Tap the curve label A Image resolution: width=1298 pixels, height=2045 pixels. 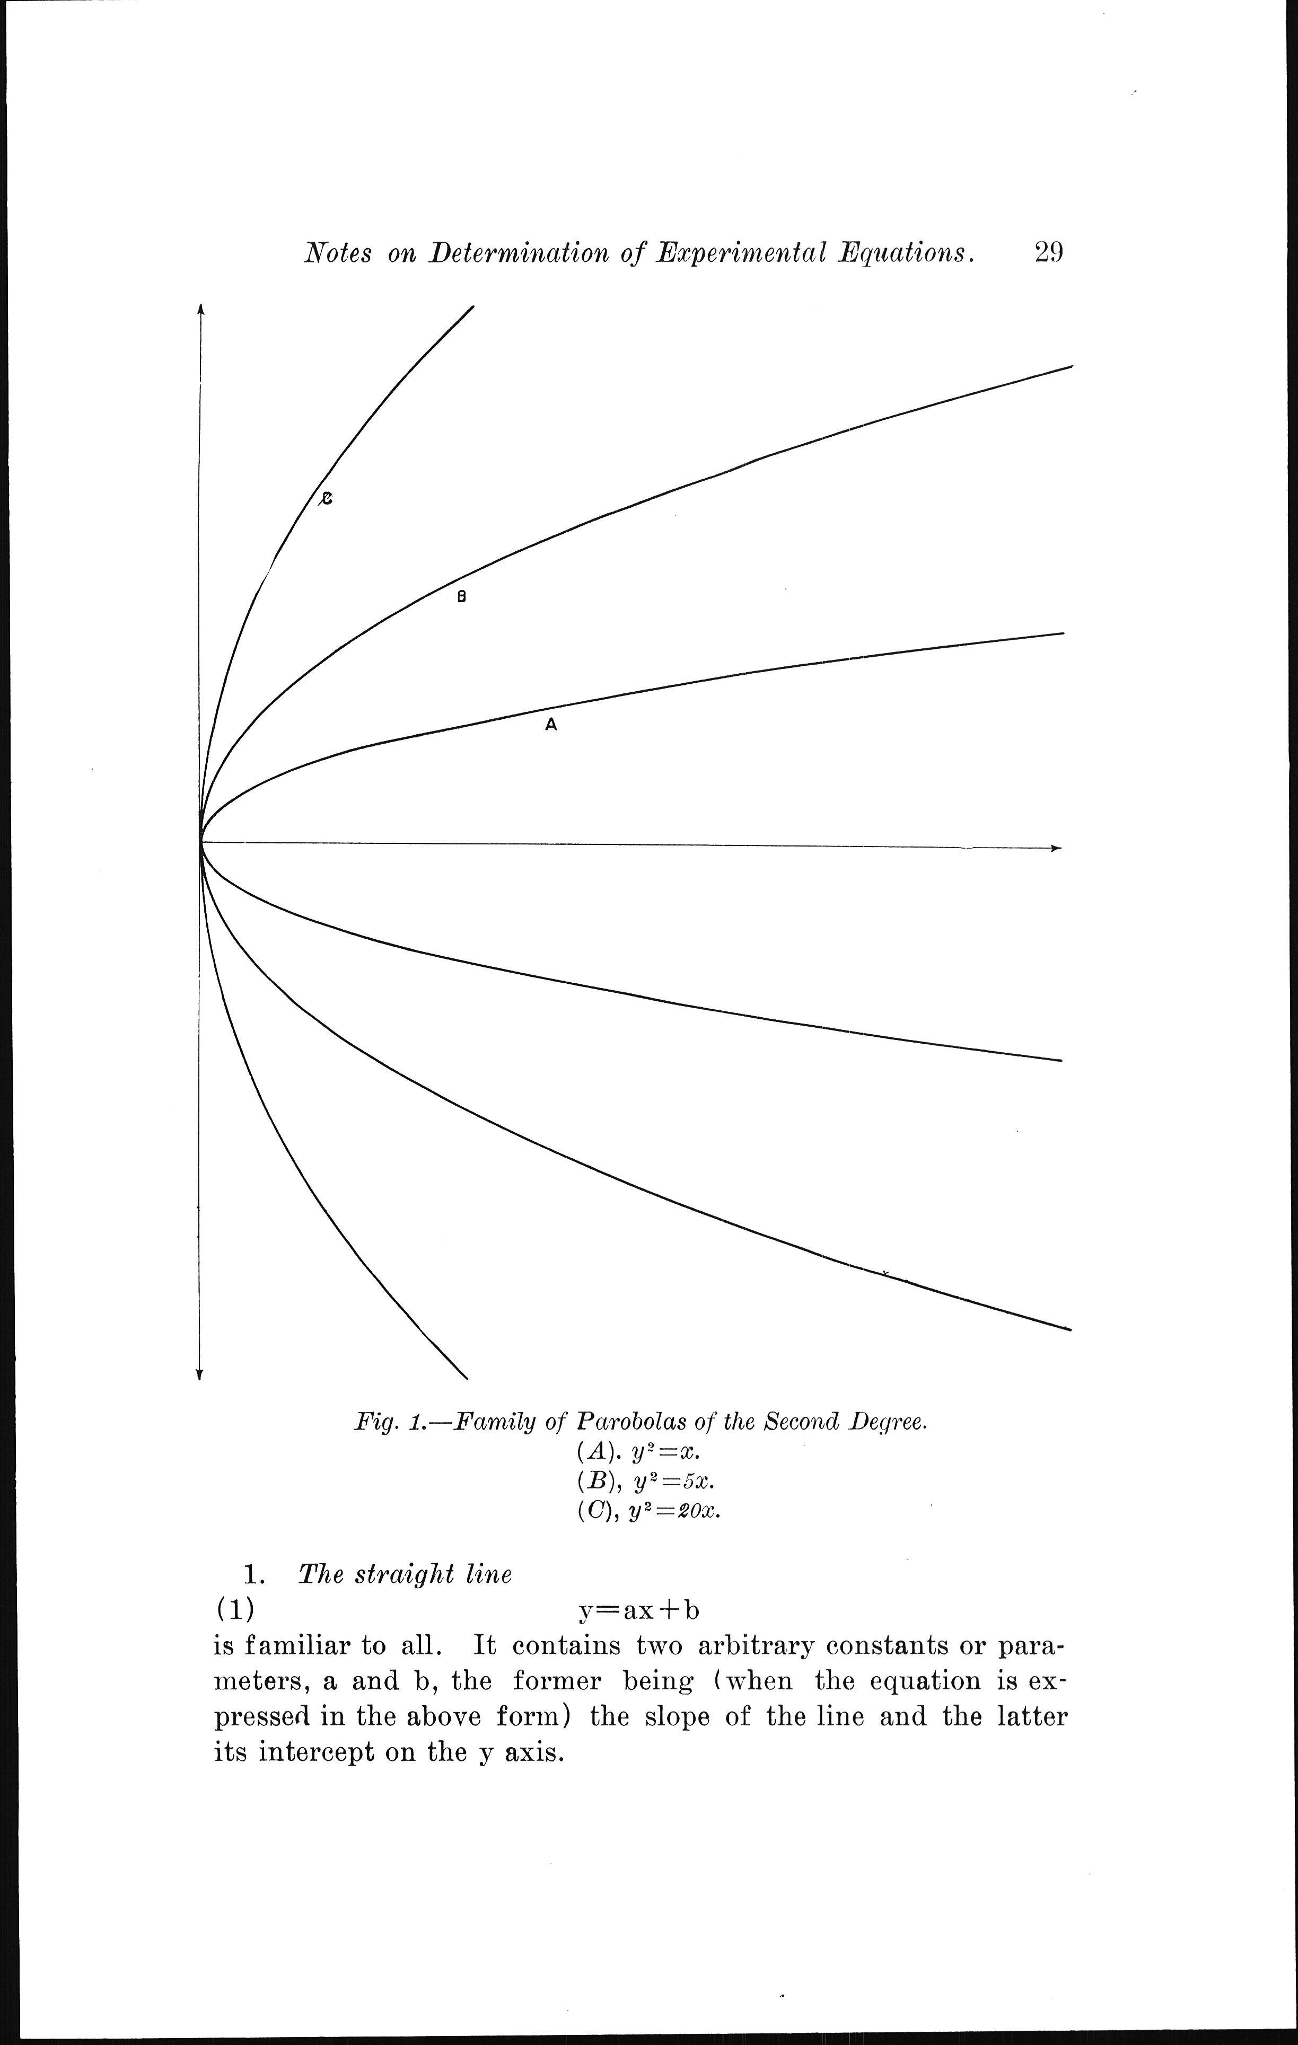coord(550,725)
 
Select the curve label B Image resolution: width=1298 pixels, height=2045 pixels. coord(462,597)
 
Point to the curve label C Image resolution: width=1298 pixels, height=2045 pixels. coord(326,499)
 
